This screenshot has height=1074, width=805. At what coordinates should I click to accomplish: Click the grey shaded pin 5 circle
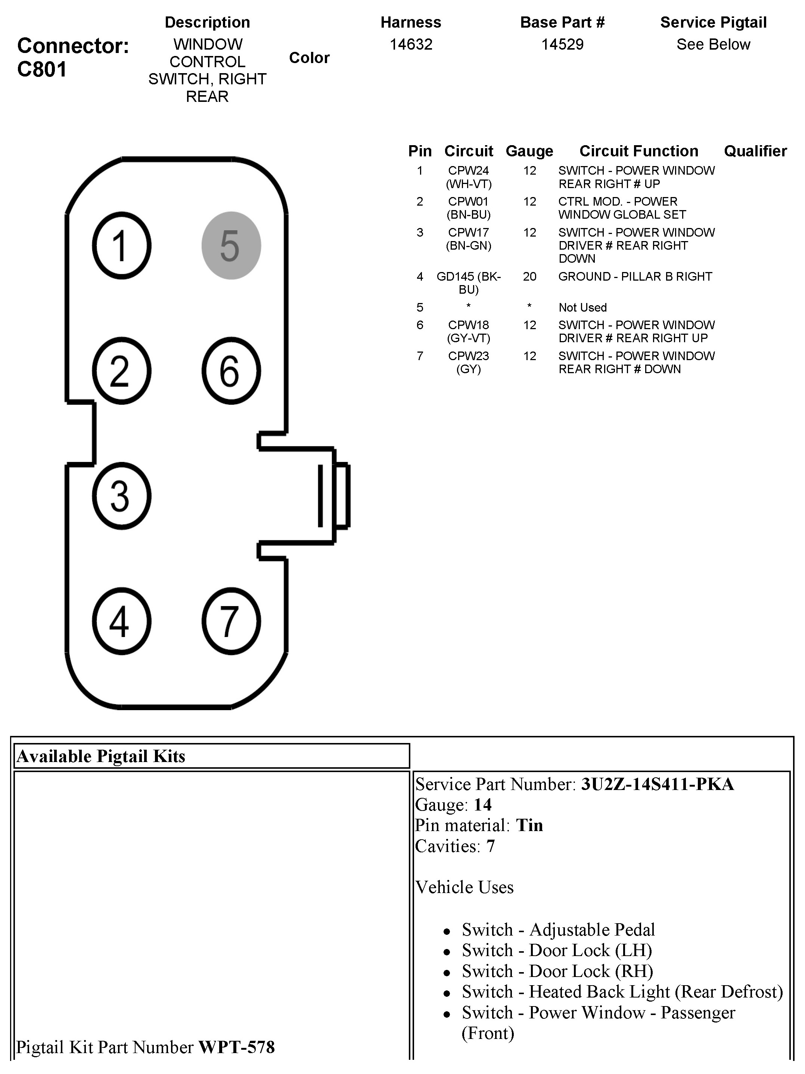pyautogui.click(x=231, y=246)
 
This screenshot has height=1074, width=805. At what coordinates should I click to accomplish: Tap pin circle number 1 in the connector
pyautogui.click(x=121, y=246)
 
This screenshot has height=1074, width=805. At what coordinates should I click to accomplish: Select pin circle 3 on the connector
pyautogui.click(x=121, y=496)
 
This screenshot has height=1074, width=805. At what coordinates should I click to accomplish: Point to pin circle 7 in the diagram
pyautogui.click(x=231, y=621)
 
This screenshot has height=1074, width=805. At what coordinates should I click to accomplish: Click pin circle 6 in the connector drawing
pyautogui.click(x=231, y=371)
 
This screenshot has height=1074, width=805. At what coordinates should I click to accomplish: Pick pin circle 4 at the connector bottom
pyautogui.click(x=121, y=621)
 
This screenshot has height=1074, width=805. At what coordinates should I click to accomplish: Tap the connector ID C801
pyautogui.click(x=42, y=69)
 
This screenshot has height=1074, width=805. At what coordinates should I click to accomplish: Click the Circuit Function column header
pyautogui.click(x=638, y=151)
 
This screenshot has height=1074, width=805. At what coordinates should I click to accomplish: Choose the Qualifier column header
pyautogui.click(x=755, y=151)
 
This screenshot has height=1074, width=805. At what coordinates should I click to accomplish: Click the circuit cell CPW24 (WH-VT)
pyautogui.click(x=468, y=177)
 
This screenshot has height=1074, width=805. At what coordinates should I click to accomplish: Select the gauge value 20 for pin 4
pyautogui.click(x=529, y=277)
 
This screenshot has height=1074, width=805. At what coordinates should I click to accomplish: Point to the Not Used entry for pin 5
pyautogui.click(x=582, y=307)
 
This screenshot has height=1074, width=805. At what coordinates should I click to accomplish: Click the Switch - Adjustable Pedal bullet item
pyautogui.click(x=558, y=930)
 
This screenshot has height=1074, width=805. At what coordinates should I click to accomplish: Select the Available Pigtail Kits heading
pyautogui.click(x=101, y=756)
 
